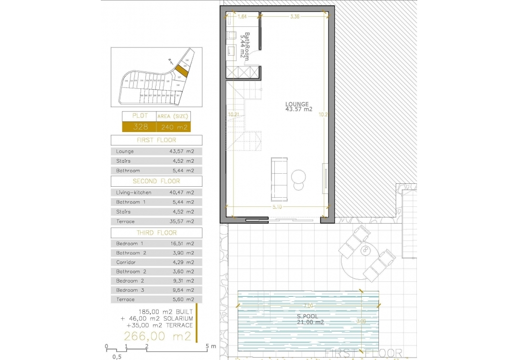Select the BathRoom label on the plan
246,46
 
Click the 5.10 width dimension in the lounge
278,207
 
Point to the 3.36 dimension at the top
295,16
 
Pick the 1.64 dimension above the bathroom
242,16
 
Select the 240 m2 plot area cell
173,127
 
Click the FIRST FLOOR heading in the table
156,140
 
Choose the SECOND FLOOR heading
156,181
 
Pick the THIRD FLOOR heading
156,233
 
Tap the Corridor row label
126,263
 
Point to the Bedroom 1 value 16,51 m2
182,244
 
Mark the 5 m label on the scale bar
211,346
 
